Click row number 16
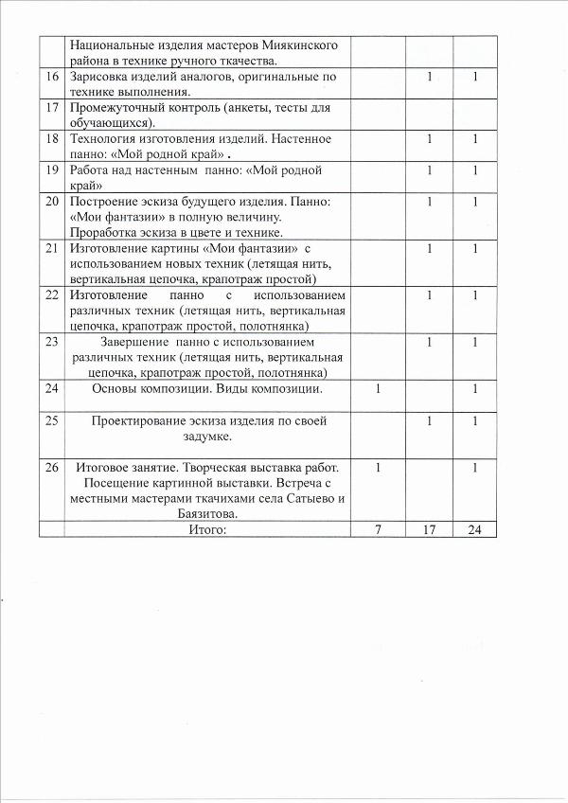click(x=52, y=76)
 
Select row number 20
click(x=52, y=202)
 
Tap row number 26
click(x=52, y=468)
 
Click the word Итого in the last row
click(x=208, y=529)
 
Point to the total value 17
click(x=429, y=529)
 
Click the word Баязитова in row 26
click(x=208, y=513)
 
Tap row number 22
click(x=52, y=294)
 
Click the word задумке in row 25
click(x=208, y=437)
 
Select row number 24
click(x=52, y=388)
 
